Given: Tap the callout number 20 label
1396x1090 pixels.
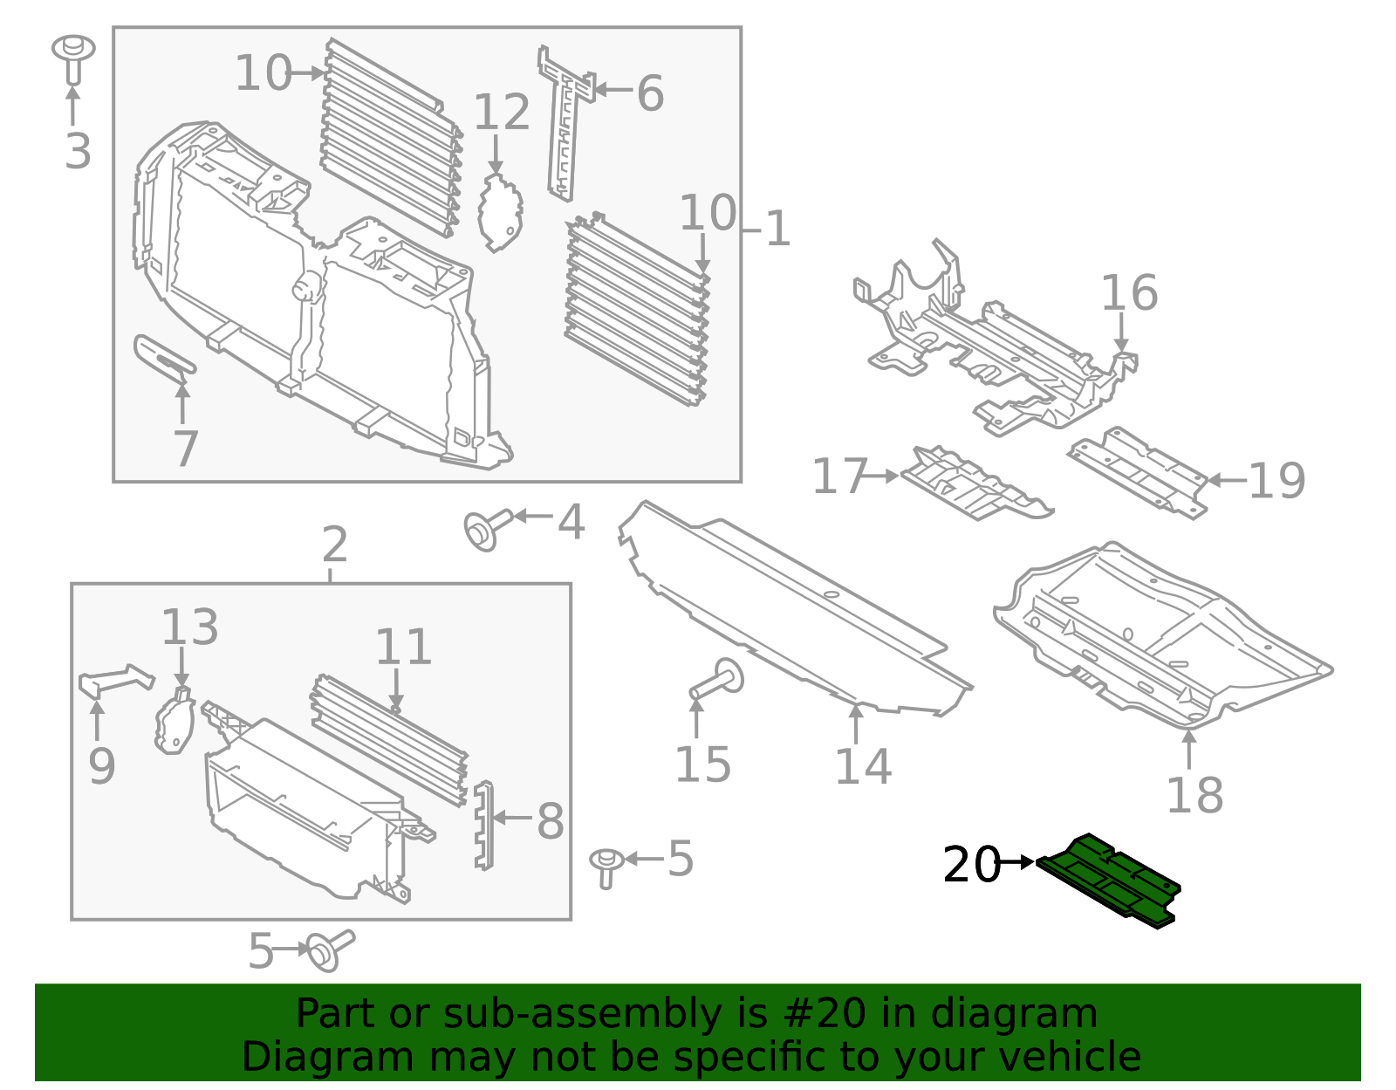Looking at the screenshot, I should (971, 865).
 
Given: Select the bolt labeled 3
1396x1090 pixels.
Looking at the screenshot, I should (73, 56).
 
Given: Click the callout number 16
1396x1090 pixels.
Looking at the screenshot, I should (1128, 293).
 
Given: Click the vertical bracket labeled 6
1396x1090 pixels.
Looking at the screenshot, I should (565, 122).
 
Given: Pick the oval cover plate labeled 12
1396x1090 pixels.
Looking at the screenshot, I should (500, 212).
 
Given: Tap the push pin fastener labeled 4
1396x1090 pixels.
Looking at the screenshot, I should (482, 529).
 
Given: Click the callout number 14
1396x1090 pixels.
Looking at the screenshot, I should (862, 767).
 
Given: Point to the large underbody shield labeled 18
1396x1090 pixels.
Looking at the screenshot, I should (1160, 637).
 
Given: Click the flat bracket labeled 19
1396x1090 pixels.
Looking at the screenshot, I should (1139, 471).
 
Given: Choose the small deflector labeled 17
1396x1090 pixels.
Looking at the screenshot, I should (973, 484).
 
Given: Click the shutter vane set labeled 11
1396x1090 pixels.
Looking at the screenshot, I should (388, 737).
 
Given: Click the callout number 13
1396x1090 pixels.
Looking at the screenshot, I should (189, 627).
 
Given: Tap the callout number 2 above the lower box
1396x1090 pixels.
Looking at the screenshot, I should (334, 545).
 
